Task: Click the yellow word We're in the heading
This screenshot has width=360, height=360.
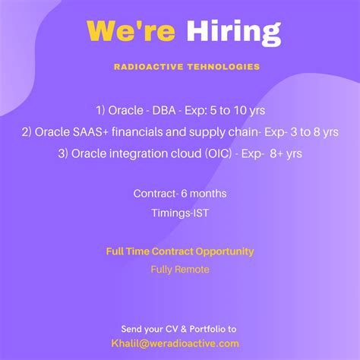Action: [131, 31]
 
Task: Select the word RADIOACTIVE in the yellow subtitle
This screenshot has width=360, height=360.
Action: [145, 67]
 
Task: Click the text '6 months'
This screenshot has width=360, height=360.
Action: [203, 194]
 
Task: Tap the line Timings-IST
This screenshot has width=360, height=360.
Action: [179, 213]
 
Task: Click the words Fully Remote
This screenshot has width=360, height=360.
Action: [180, 270]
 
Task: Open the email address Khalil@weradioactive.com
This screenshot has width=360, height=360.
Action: [180, 343]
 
